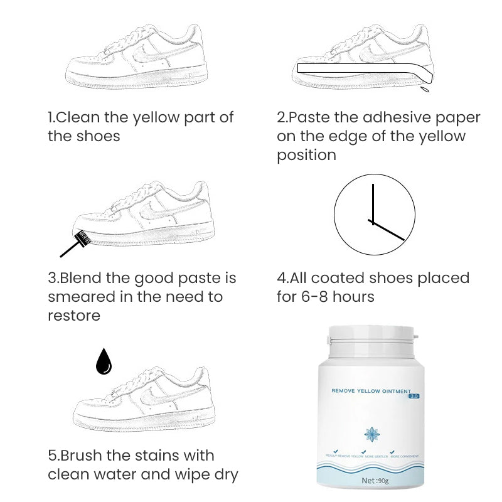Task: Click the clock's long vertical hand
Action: pyautogui.click(x=373, y=203)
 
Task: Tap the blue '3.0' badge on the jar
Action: pyautogui.click(x=414, y=396)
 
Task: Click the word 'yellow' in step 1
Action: pyautogui.click(x=171, y=117)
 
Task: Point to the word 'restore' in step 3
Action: pyautogui.click(x=74, y=315)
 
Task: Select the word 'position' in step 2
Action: pyautogui.click(x=307, y=154)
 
